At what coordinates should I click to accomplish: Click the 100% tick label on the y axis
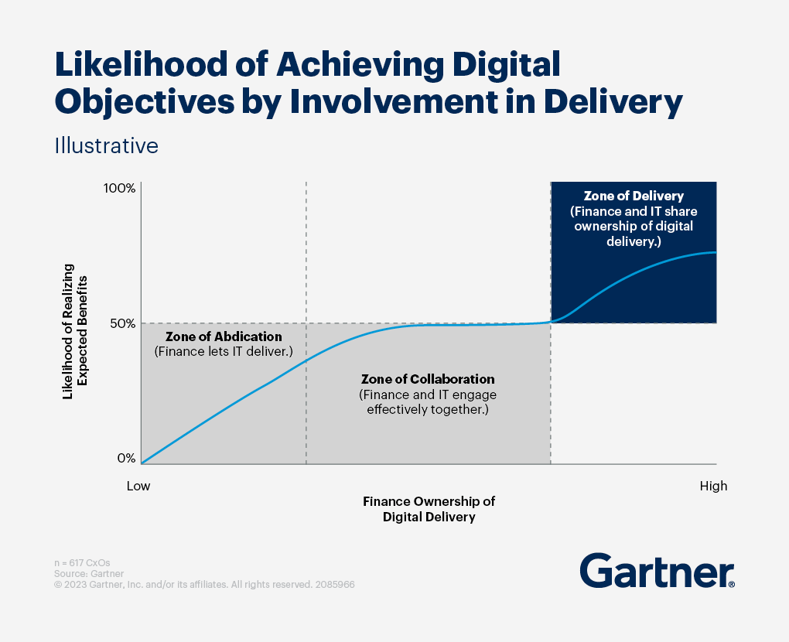click(x=119, y=189)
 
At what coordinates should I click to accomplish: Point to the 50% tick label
click(x=121, y=323)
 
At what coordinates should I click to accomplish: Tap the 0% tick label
click(x=126, y=458)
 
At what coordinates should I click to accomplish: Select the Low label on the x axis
click(x=138, y=487)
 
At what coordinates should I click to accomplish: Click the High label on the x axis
click(x=713, y=487)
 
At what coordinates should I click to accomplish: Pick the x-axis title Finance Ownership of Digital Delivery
click(x=429, y=509)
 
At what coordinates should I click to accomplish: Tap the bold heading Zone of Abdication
click(x=224, y=336)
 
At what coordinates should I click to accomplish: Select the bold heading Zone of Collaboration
click(x=428, y=380)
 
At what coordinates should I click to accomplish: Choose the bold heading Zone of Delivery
click(x=634, y=196)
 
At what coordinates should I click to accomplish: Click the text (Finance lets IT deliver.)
click(x=224, y=351)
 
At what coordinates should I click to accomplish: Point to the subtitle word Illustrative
click(x=106, y=145)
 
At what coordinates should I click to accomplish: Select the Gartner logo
click(x=657, y=572)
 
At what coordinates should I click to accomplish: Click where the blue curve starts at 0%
click(x=142, y=463)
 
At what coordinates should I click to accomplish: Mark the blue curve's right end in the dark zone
click(x=716, y=252)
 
